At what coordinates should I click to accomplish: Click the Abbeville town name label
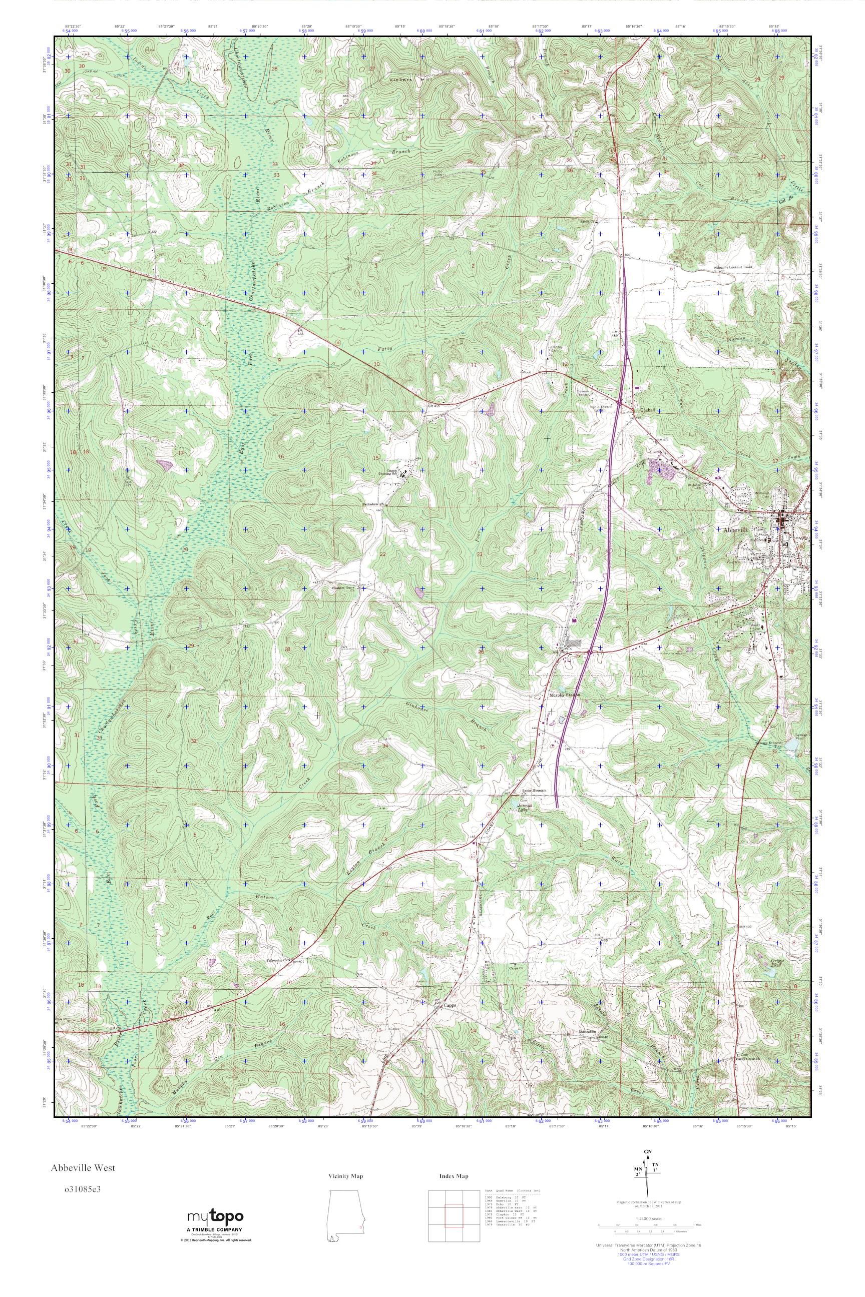[736, 529]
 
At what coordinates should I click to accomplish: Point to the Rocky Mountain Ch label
[534, 791]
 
